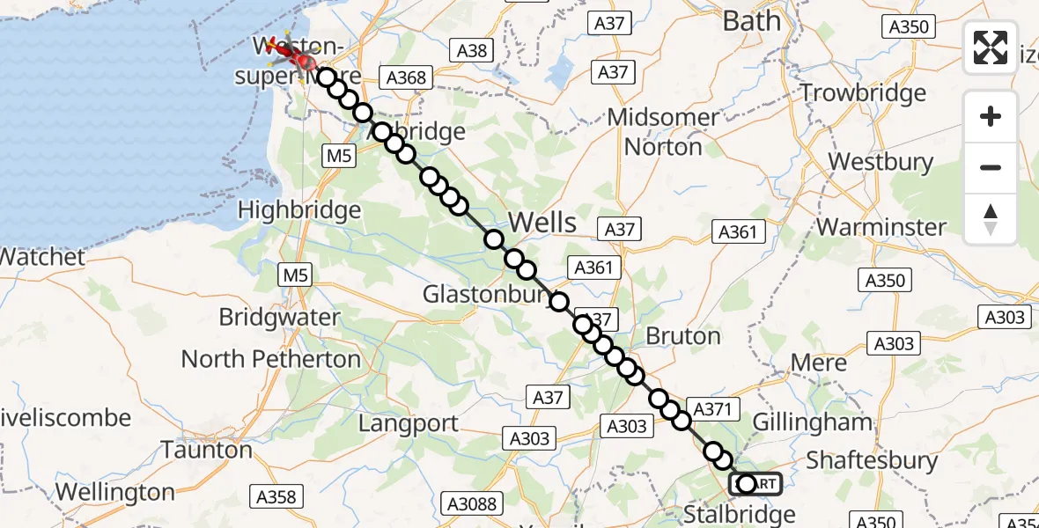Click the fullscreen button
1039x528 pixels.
991,48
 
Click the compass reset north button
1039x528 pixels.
991,219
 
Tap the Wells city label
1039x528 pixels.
543,223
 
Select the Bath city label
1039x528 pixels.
751,20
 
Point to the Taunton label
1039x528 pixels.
207,451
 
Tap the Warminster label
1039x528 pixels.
881,226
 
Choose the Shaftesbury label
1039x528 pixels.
872,460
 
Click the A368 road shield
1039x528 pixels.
406,77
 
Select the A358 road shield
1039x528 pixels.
276,497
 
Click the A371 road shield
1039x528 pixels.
712,408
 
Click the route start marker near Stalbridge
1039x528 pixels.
747,483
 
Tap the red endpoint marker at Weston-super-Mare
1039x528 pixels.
305,62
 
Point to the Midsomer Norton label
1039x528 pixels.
663,131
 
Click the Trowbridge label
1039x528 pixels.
863,92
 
